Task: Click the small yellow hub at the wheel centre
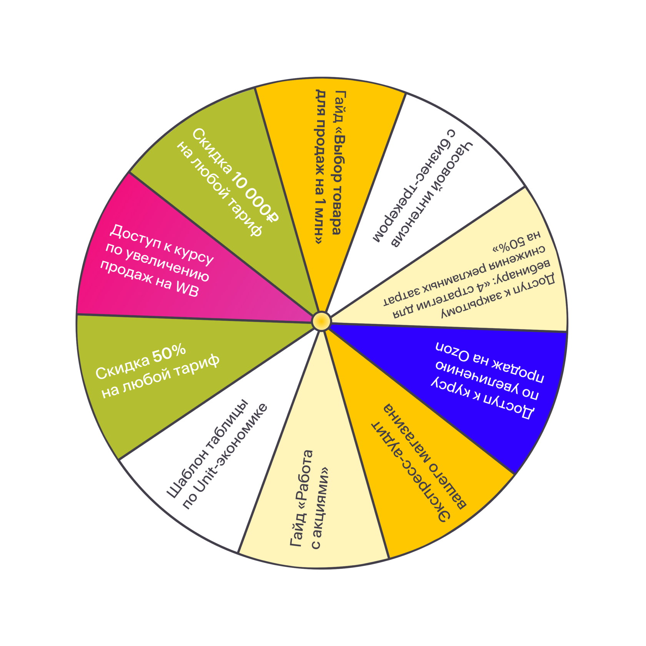321,321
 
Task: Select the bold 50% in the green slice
169,354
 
